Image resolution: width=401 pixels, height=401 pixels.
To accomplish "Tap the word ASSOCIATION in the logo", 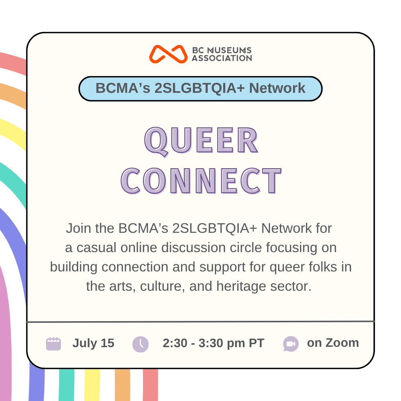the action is pos(222,58).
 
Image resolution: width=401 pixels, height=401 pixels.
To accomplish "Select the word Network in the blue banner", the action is pos(277,88).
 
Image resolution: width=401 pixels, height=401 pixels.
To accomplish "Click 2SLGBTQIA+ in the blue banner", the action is pos(199,88).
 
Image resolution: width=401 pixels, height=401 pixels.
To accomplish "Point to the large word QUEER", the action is pos(201,141).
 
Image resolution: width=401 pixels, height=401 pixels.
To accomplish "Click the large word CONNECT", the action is pos(201,180).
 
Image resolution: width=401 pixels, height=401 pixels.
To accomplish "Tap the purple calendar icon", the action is pos(53,344).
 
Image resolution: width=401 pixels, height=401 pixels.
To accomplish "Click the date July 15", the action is pos(93,343).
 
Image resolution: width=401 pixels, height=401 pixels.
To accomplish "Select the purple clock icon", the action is pos(140,344).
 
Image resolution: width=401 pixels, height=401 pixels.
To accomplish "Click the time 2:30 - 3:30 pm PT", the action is pos(213,343).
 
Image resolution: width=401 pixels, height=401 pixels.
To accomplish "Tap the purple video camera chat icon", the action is pos(291,344).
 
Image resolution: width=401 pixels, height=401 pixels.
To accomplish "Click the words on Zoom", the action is pos(333,343).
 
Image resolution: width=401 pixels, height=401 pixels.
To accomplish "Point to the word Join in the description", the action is pos(78,228).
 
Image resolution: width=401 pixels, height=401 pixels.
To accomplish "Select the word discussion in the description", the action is pos(193,248).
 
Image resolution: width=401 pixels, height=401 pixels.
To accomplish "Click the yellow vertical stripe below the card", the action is pos(92,385).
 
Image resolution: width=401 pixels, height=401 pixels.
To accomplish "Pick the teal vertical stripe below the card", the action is pos(66,385).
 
